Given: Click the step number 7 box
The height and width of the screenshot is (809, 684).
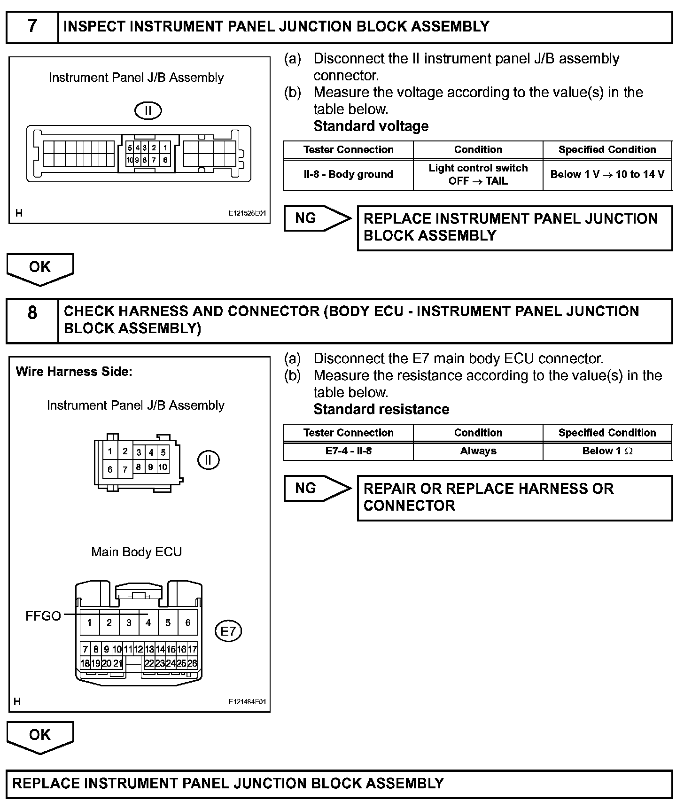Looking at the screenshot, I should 32,27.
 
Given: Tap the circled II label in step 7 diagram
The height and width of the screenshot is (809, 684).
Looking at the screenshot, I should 148,111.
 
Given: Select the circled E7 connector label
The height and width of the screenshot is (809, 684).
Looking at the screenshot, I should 228,631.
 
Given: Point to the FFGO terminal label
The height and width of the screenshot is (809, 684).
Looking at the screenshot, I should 43,616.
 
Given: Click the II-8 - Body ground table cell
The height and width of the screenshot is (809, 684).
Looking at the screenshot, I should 348,175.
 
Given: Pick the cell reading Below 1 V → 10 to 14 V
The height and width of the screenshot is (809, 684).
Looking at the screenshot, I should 607,175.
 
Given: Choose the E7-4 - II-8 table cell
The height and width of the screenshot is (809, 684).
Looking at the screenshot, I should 348,451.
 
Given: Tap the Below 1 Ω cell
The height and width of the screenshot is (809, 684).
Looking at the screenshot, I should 607,451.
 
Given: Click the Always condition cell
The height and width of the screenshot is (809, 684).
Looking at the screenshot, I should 478,451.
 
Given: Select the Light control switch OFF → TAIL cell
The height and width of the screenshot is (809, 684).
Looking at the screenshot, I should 478,175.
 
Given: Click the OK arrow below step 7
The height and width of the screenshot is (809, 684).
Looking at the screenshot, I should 40,268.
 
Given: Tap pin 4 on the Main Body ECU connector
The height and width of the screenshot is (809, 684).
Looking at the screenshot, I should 148,623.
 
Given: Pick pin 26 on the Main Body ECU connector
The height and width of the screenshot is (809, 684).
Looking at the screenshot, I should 192,664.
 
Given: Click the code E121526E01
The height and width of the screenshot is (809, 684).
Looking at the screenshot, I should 247,213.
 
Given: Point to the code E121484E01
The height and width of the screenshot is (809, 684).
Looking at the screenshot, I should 247,702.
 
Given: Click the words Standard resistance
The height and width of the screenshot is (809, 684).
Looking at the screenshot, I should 381,410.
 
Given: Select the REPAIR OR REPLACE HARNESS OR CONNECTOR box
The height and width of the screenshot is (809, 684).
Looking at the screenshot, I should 515,498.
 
